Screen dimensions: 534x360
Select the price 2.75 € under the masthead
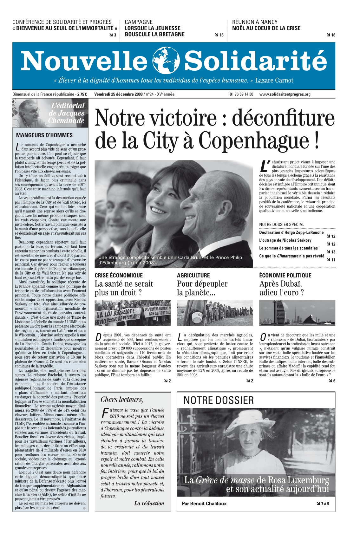82,94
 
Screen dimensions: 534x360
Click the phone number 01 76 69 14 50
241,94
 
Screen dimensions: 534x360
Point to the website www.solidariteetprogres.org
285,94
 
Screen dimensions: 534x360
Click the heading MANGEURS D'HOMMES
44,135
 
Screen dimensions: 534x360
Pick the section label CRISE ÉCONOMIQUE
119,275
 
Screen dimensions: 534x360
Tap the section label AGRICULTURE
193,275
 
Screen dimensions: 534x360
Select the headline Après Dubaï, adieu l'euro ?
281,288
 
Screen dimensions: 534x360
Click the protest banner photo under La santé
133,313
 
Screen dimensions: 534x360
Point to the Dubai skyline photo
297,313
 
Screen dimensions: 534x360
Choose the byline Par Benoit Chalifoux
204,504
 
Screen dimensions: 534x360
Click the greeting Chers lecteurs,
122,400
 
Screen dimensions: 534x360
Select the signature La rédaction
149,503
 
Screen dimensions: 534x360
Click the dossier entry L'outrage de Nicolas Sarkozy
285,240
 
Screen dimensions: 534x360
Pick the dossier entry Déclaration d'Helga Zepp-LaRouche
291,232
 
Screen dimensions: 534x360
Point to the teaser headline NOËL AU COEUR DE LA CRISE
266,28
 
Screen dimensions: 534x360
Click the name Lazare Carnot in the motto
274,80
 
